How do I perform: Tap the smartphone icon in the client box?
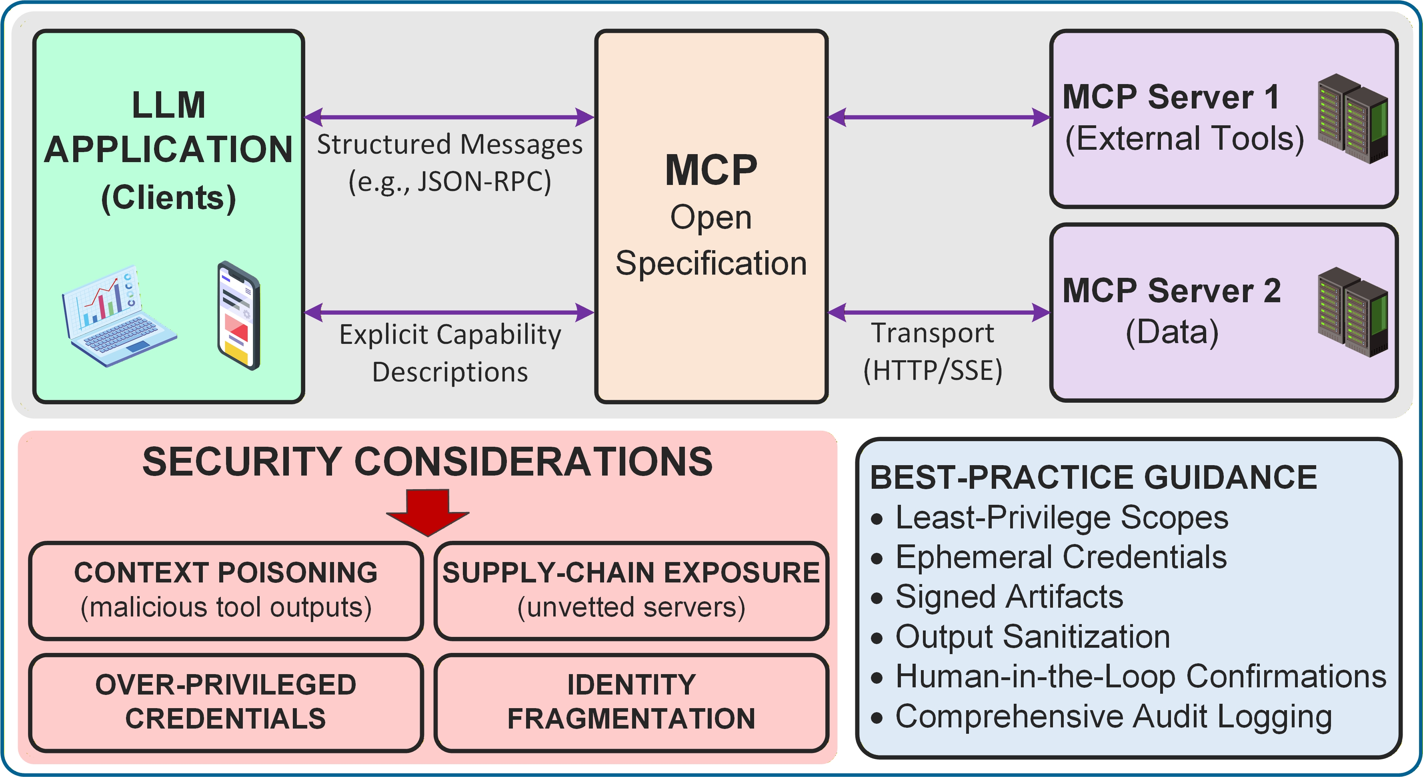pyautogui.click(x=239, y=316)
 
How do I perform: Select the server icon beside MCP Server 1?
pyautogui.click(x=1352, y=119)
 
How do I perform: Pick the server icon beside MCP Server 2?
pyautogui.click(x=1352, y=312)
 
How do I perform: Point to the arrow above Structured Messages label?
pyautogui.click(x=449, y=117)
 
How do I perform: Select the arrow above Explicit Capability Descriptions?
pyautogui.click(x=449, y=312)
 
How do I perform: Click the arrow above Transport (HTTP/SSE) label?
pyautogui.click(x=939, y=312)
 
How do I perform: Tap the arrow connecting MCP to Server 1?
pyautogui.click(x=939, y=117)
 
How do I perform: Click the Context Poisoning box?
pyautogui.click(x=226, y=590)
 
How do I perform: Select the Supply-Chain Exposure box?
pyautogui.click(x=631, y=590)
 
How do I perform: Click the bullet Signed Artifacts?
pyautogui.click(x=1009, y=597)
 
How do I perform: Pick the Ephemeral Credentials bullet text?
pyautogui.click(x=1061, y=557)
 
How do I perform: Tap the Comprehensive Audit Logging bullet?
pyautogui.click(x=1113, y=717)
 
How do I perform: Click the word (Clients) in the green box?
pyautogui.click(x=168, y=198)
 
